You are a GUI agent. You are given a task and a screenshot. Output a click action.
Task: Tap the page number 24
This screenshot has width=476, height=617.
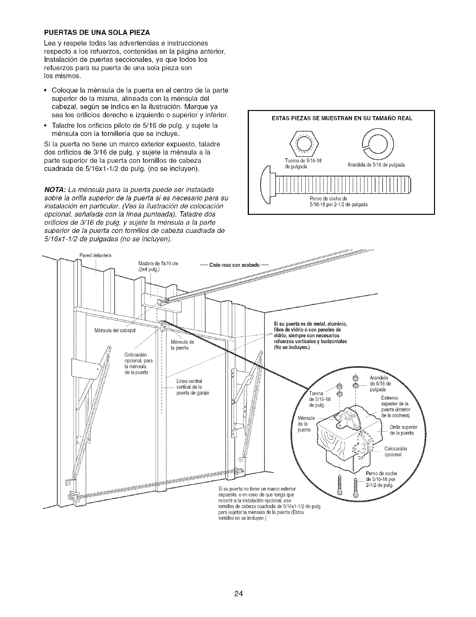238,583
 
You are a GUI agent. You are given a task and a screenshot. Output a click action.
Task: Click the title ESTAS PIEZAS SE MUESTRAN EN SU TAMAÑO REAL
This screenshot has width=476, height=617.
340,118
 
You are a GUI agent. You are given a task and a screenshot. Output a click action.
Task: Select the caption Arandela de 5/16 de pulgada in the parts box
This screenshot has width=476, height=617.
376,165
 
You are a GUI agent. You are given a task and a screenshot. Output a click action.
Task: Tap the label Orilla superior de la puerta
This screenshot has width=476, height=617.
404,428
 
